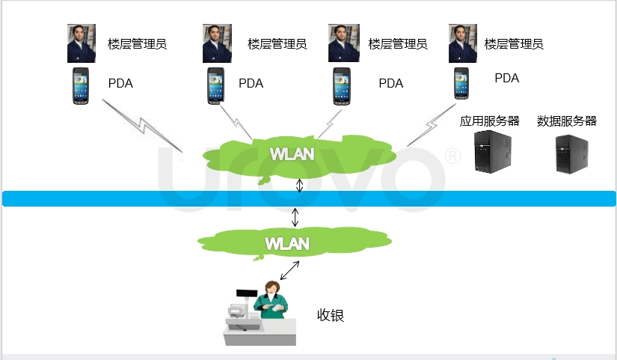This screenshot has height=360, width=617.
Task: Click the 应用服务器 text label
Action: click(490, 121)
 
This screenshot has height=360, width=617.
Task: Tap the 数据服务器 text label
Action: click(567, 121)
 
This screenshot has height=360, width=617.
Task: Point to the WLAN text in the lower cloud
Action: click(286, 243)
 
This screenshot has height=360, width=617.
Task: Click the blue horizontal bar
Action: click(308, 198)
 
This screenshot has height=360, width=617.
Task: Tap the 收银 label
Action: click(331, 315)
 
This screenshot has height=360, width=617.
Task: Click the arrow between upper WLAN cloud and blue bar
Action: click(299, 184)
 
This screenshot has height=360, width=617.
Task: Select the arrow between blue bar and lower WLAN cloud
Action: click(295, 217)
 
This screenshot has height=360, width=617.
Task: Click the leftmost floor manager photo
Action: click(82, 43)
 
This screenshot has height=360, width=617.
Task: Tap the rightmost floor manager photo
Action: click(463, 43)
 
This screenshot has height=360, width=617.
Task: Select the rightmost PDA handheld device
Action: click(461, 83)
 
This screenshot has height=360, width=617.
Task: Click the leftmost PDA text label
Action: click(120, 83)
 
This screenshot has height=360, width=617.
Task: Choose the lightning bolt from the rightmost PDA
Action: click(429, 127)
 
